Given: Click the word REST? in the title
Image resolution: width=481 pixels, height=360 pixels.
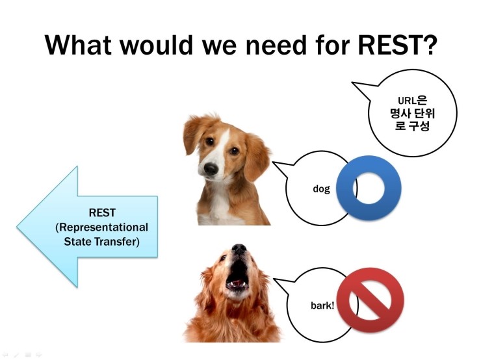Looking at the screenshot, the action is coord(397,45).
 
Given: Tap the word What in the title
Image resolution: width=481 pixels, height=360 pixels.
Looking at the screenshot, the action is coord(78,45).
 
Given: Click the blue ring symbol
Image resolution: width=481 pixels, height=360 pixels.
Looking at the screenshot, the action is coord(369,188).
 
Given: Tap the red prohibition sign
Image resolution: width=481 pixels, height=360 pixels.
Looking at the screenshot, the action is coord(370,300).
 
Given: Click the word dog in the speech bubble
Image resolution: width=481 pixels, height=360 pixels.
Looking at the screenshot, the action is coord(321,188).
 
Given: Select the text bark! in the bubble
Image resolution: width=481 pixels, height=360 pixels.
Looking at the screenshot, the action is coord(322,305).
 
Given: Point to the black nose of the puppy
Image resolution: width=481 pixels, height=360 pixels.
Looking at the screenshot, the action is coord(211,168).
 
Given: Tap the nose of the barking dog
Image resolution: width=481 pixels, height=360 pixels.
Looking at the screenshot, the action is coord(239,248).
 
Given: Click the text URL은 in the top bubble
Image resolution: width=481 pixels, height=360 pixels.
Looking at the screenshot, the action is coord(412,100).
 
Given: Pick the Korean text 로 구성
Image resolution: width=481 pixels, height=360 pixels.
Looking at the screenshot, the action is coord(412,125).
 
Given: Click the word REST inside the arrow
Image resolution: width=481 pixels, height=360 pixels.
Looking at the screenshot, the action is coord(102,212).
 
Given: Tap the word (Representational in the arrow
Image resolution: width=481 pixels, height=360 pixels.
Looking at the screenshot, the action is coord(101,227).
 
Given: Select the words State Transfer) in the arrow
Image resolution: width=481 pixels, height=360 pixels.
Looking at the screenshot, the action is coord(101,241).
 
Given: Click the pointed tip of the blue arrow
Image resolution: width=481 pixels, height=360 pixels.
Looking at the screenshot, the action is coord(17,227).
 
